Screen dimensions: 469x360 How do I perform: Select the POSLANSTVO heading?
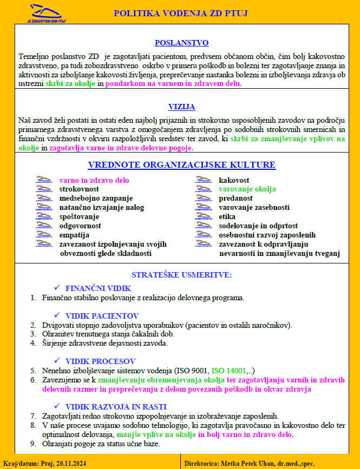pos(181,43)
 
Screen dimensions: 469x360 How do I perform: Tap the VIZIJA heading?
pos(181,107)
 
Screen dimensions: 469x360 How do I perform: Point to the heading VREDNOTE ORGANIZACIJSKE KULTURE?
pos(181,165)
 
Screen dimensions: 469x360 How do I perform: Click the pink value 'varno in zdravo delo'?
pos(94,180)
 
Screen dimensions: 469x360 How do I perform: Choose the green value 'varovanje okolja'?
pos(247,189)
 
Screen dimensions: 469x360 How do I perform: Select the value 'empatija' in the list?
pos(75,235)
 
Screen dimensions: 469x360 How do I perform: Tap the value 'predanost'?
pos(235,199)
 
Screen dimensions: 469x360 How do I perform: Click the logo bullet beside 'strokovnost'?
pos(44,189)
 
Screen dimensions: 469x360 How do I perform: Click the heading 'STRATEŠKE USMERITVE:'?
pos(181,275)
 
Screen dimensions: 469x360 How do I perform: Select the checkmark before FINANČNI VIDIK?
pos(57,287)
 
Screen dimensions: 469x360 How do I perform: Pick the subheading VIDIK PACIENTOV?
pos(102,315)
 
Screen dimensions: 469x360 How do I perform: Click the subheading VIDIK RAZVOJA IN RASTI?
pos(116,406)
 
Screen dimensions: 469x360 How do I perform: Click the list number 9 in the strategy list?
pos(33,444)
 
